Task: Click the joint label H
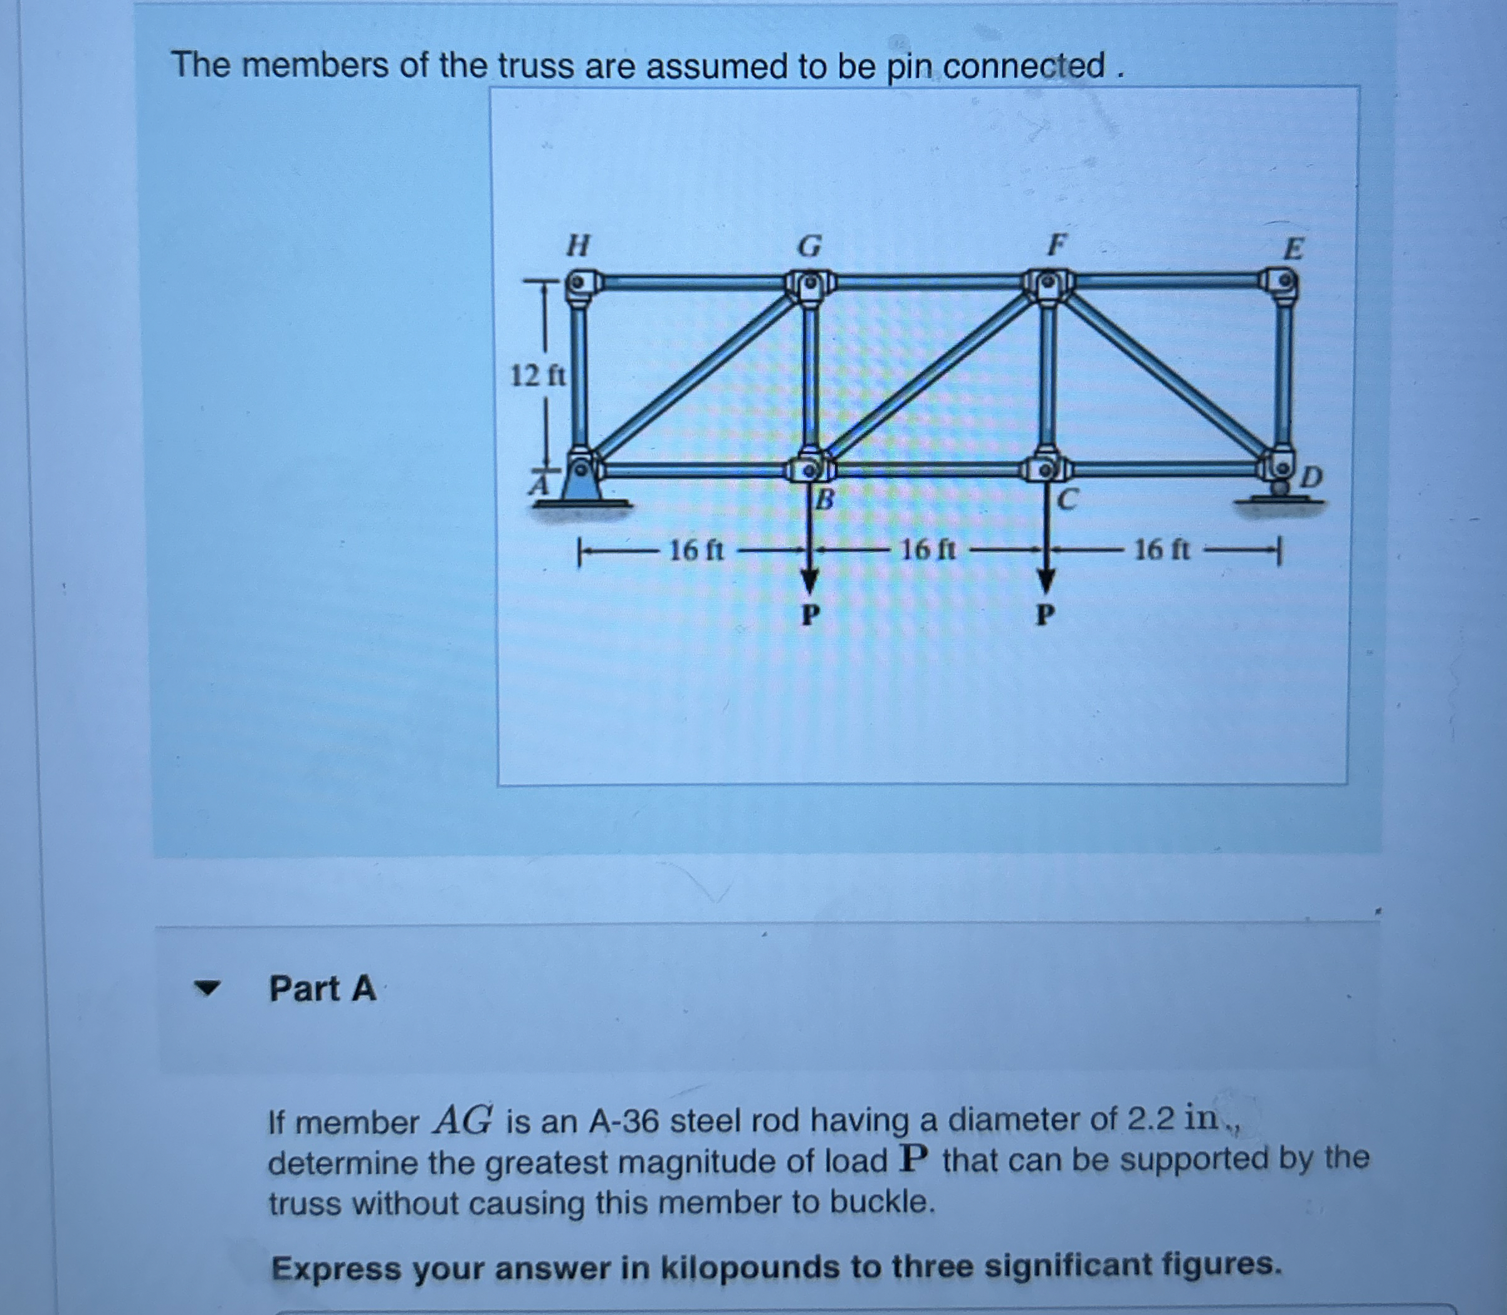(x=579, y=245)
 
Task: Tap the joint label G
(x=809, y=246)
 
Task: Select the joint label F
(x=1055, y=245)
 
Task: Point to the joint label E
(x=1293, y=249)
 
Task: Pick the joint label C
(x=1068, y=500)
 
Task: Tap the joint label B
(x=826, y=500)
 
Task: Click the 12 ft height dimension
(x=538, y=376)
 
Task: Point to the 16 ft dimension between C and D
(x=1162, y=549)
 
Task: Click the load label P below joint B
(x=809, y=613)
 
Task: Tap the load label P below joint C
(x=1046, y=613)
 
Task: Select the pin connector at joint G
(x=809, y=281)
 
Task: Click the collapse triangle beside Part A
(x=207, y=989)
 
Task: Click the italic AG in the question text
(x=462, y=1121)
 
